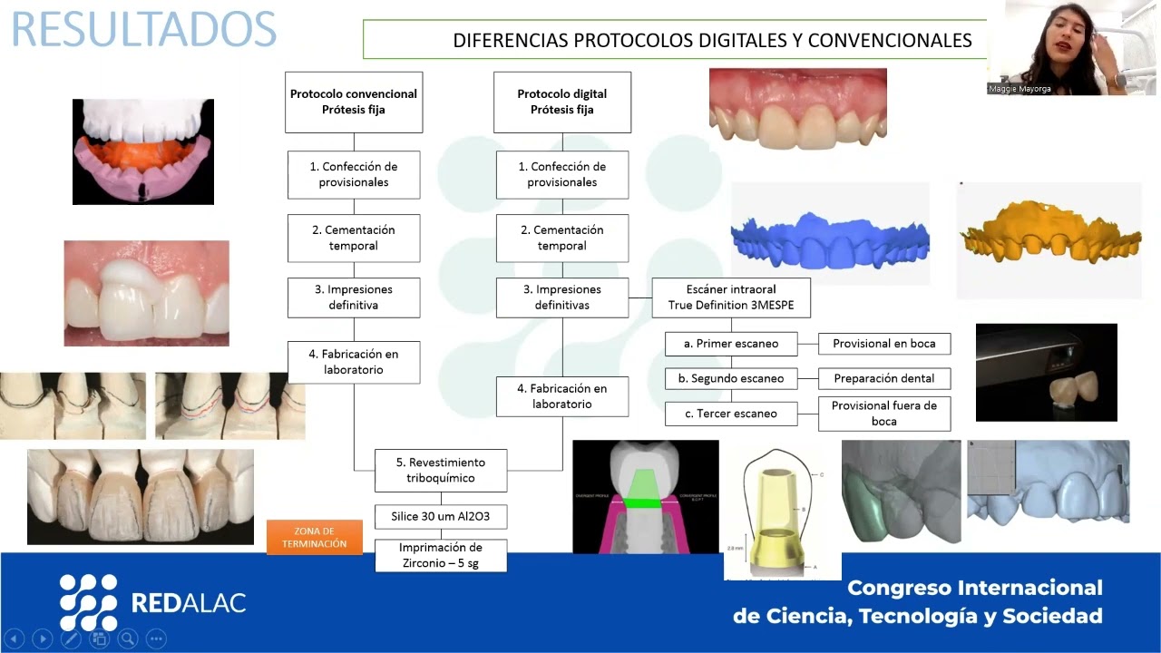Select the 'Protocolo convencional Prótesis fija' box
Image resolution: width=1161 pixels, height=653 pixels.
pyautogui.click(x=354, y=102)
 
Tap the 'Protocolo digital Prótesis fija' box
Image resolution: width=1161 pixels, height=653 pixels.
pyautogui.click(x=562, y=102)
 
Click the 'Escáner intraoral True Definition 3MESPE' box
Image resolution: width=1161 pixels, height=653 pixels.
pyautogui.click(x=731, y=297)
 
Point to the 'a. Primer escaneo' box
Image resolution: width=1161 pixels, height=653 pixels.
pyautogui.click(x=733, y=344)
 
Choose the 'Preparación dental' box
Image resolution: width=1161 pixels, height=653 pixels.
pyautogui.click(x=884, y=378)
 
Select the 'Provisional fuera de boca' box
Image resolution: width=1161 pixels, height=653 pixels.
pyautogui.click(x=884, y=414)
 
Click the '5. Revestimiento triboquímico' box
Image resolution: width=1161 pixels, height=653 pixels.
pyautogui.click(x=442, y=470)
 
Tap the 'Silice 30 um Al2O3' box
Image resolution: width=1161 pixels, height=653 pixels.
pyautogui.click(x=441, y=517)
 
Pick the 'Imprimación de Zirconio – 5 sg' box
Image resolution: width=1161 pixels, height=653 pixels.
pyautogui.click(x=441, y=555)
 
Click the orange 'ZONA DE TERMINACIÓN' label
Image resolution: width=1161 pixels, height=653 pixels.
pyautogui.click(x=315, y=537)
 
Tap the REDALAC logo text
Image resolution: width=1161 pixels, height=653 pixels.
pyautogui.click(x=189, y=602)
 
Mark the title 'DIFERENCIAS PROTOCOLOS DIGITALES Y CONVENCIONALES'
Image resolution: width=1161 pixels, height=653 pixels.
pyautogui.click(x=712, y=40)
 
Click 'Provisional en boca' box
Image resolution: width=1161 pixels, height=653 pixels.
pyautogui.click(x=884, y=344)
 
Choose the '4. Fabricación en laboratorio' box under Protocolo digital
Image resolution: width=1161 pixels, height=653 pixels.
pyautogui.click(x=562, y=396)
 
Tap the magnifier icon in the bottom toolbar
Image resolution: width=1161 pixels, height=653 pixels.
pyautogui.click(x=128, y=638)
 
